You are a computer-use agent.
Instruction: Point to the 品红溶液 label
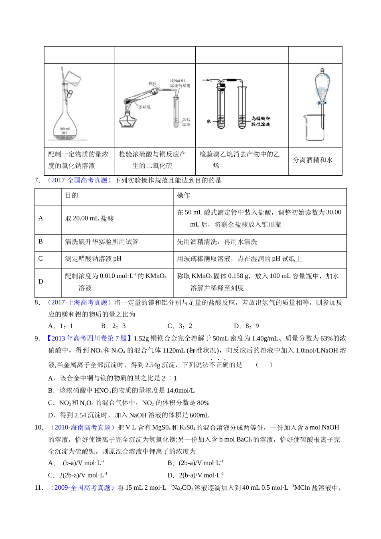coord(186,122)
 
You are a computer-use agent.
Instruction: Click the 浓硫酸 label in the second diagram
coord(144,107)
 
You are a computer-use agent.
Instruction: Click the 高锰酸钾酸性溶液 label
coord(261,121)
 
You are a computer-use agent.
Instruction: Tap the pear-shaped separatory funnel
coord(321,86)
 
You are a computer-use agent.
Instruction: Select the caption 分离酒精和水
coord(313,160)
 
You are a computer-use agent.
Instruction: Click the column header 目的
coord(72,195)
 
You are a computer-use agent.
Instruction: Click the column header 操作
coord(183,195)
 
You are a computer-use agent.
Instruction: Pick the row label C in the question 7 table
coord(41,259)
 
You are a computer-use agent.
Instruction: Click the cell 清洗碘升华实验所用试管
coord(102,242)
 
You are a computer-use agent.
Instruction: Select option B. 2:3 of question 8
coord(113,326)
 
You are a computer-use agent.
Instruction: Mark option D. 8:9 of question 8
coord(246,326)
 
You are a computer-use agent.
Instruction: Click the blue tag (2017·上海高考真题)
coord(78,303)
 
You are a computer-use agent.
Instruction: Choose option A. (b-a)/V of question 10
coord(77,463)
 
